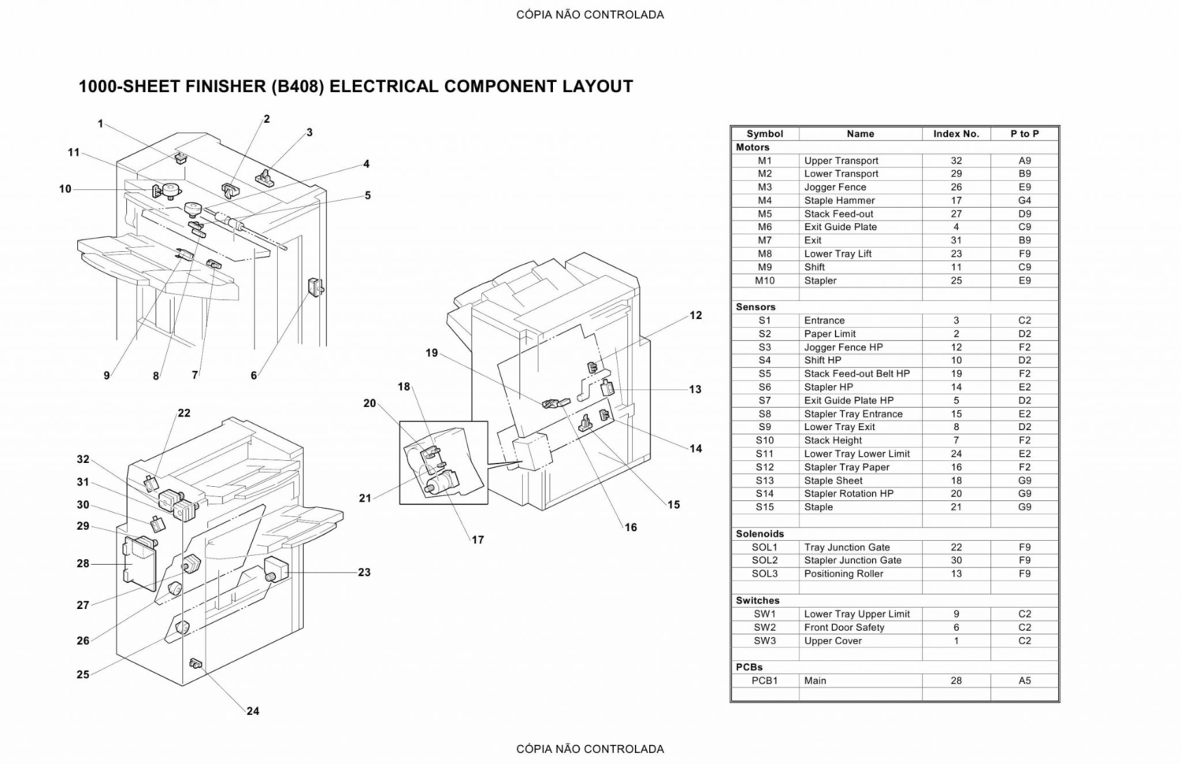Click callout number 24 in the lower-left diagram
[x=253, y=710]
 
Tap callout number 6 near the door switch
[x=254, y=376]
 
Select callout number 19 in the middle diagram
[x=432, y=353]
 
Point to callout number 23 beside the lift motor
[x=364, y=573]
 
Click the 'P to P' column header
[x=1024, y=134]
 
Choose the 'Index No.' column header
[x=956, y=134]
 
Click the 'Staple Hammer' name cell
[x=839, y=200]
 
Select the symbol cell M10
[x=764, y=280]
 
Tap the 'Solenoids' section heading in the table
[x=759, y=534]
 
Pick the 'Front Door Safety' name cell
[x=844, y=627]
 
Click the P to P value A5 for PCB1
[x=1024, y=681]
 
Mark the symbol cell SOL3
[x=764, y=573]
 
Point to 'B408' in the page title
[x=298, y=87]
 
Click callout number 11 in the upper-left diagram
[x=73, y=153]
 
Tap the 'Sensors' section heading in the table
[x=756, y=307]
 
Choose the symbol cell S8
[x=764, y=414]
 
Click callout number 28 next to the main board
[x=83, y=564]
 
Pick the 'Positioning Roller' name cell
[x=843, y=573]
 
